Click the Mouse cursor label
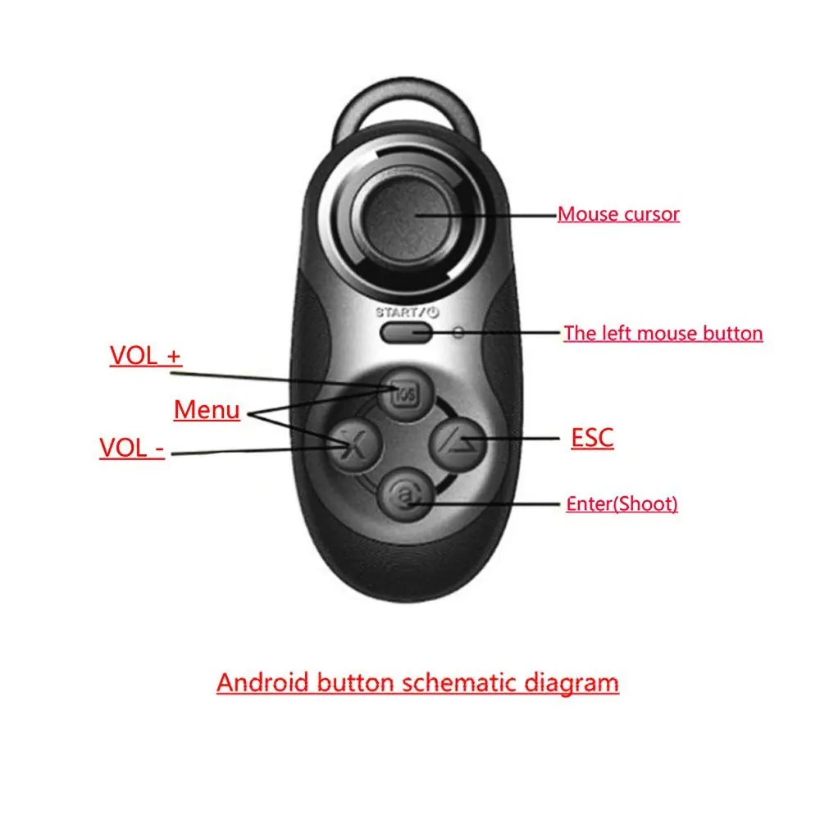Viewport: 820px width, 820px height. tap(618, 215)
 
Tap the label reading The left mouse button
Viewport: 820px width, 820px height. tap(663, 334)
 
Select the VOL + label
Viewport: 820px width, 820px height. tap(146, 357)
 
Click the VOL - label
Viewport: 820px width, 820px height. tap(132, 449)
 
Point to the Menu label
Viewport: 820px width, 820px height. tap(207, 409)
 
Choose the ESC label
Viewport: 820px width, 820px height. tap(592, 438)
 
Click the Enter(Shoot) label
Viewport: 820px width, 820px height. tap(622, 503)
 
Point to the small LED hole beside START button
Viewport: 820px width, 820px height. tap(458, 333)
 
